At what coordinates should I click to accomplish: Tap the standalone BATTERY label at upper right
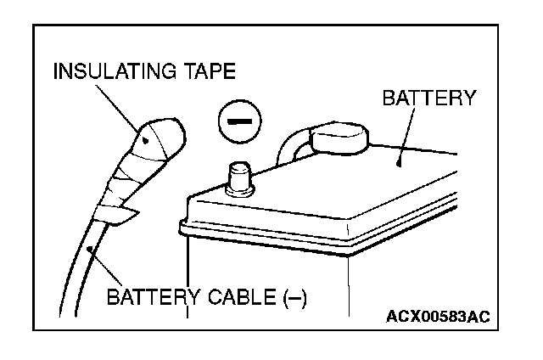pyautogui.click(x=428, y=99)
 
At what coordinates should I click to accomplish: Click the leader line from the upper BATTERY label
pyautogui.click(x=405, y=136)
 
